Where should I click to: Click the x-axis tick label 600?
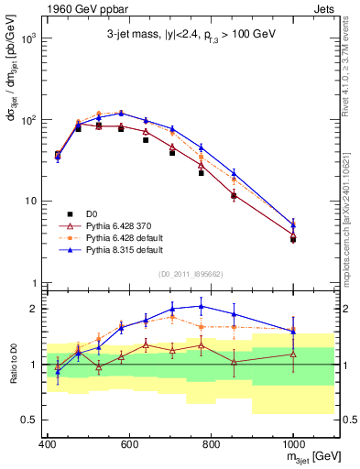(129, 444)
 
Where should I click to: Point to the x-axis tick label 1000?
(292, 444)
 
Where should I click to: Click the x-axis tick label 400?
(48, 444)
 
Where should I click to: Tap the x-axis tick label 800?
(211, 444)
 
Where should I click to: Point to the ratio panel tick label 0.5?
(29, 420)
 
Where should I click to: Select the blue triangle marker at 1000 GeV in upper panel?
(293, 224)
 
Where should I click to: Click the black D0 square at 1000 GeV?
(293, 239)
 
